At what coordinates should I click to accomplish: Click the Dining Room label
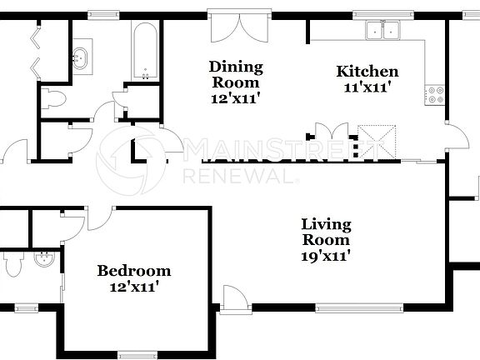pos(236,67)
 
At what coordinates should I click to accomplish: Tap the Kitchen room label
pos(367,72)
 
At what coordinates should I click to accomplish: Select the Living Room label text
pos(326,232)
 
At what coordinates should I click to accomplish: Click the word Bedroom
pos(134,271)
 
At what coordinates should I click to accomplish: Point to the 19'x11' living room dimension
pos(326,256)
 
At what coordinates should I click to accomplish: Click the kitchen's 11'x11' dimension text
pos(367,87)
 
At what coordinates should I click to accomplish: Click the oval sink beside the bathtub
pos(81,59)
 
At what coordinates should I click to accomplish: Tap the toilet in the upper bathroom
pos(54,99)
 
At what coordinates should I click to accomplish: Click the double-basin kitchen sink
pos(383,31)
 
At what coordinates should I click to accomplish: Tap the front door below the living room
pos(236,298)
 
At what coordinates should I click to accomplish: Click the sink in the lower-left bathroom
pos(43,261)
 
